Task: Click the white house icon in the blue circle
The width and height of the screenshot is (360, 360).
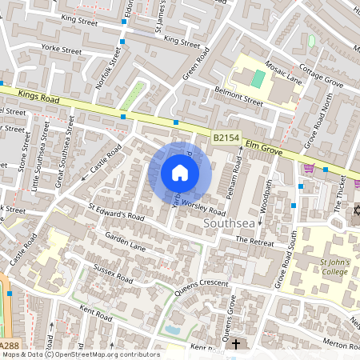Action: [180, 173]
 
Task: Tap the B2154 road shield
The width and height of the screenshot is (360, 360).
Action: [226, 139]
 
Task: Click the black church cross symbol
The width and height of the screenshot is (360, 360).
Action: [235, 345]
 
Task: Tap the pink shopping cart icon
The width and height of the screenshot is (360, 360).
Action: [309, 167]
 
